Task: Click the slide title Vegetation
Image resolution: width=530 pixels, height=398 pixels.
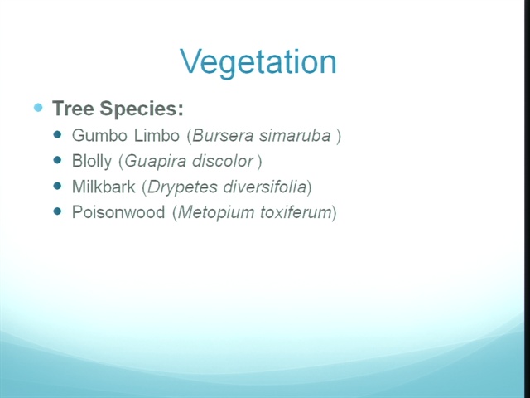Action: pyautogui.click(x=258, y=62)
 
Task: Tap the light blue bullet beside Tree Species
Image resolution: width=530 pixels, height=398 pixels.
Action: pyautogui.click(x=39, y=108)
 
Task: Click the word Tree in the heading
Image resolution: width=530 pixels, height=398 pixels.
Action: pyautogui.click(x=73, y=109)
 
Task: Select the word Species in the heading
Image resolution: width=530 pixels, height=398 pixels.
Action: pyautogui.click(x=142, y=109)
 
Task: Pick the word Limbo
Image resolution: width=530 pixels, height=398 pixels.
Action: pyautogui.click(x=157, y=135)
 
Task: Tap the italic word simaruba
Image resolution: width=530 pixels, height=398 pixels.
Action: pyautogui.click(x=295, y=136)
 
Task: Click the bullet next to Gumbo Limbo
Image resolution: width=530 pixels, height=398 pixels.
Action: pyautogui.click(x=58, y=134)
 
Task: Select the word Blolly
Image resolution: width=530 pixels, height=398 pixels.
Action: pyautogui.click(x=92, y=161)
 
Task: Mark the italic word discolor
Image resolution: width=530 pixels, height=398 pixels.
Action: pyautogui.click(x=223, y=161)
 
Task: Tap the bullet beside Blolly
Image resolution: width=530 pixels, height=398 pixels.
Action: pyautogui.click(x=58, y=160)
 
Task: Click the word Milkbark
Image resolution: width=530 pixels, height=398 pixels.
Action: pyautogui.click(x=104, y=187)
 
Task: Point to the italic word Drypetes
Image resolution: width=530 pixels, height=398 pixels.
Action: pyautogui.click(x=182, y=187)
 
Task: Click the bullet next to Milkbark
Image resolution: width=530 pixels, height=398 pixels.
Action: pyautogui.click(x=58, y=186)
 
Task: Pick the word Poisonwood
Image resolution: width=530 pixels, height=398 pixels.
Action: pyautogui.click(x=118, y=212)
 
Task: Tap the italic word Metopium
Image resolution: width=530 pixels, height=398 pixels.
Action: pyautogui.click(x=216, y=212)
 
